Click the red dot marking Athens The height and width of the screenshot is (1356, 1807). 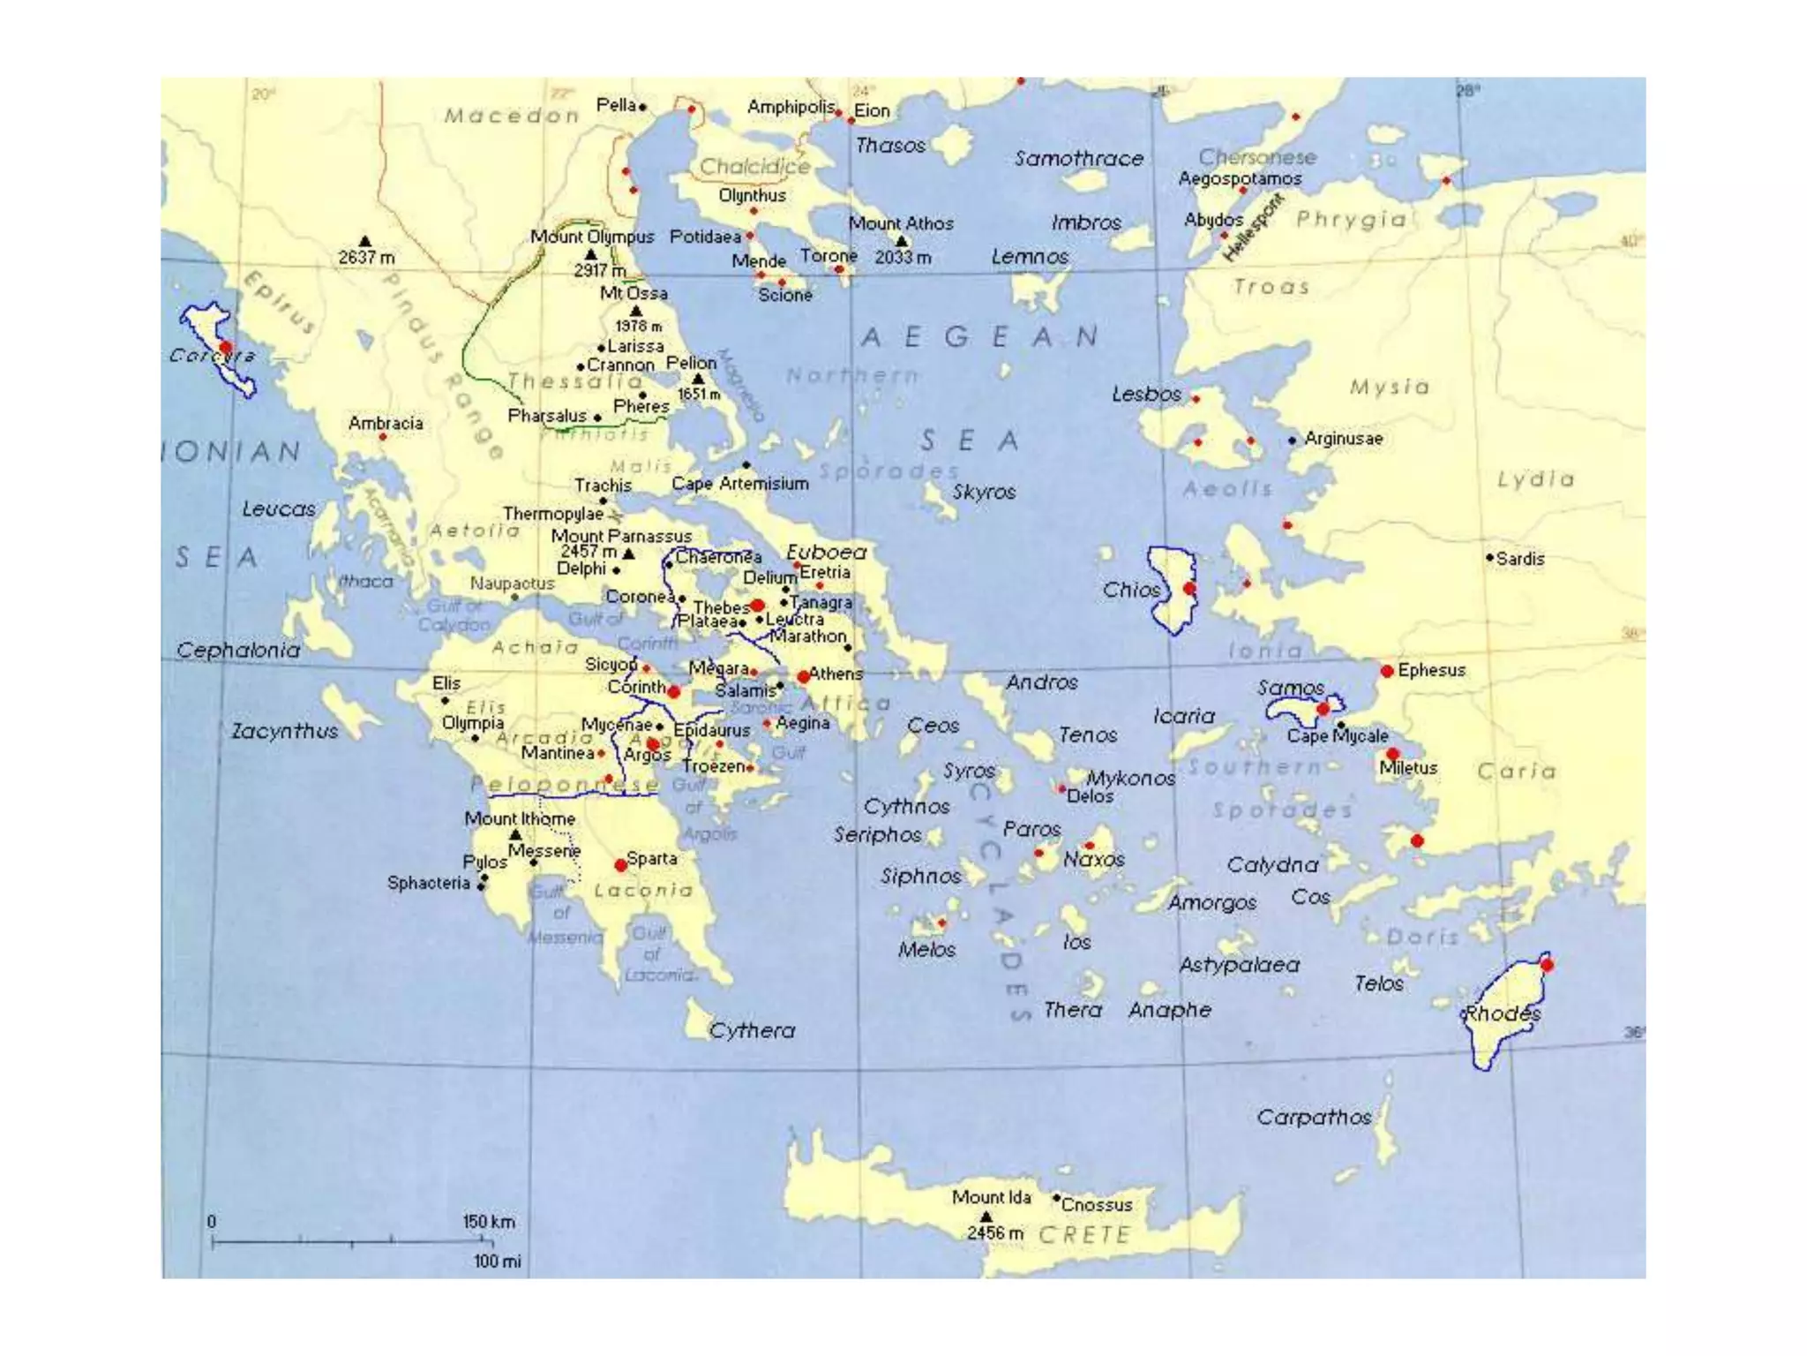803,676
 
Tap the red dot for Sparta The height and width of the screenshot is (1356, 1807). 621,864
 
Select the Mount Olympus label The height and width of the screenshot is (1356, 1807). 591,237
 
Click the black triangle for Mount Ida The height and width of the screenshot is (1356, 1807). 986,1217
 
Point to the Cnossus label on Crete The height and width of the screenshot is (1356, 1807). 1096,1204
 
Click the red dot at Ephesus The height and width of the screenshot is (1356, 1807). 1387,671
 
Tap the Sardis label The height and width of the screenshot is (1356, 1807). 1520,559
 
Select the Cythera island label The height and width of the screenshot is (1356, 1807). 752,1030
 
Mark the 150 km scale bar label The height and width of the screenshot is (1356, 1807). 489,1222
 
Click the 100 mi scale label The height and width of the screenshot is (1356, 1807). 497,1262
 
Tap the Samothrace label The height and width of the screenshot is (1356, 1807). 1078,159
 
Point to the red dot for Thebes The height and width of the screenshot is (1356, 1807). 757,606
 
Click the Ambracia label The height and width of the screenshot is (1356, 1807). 386,423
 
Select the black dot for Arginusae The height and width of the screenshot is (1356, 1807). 1293,440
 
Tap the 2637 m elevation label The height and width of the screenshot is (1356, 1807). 366,257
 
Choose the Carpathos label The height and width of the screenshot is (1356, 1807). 1314,1118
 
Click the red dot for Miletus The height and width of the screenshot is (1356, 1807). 1392,754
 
